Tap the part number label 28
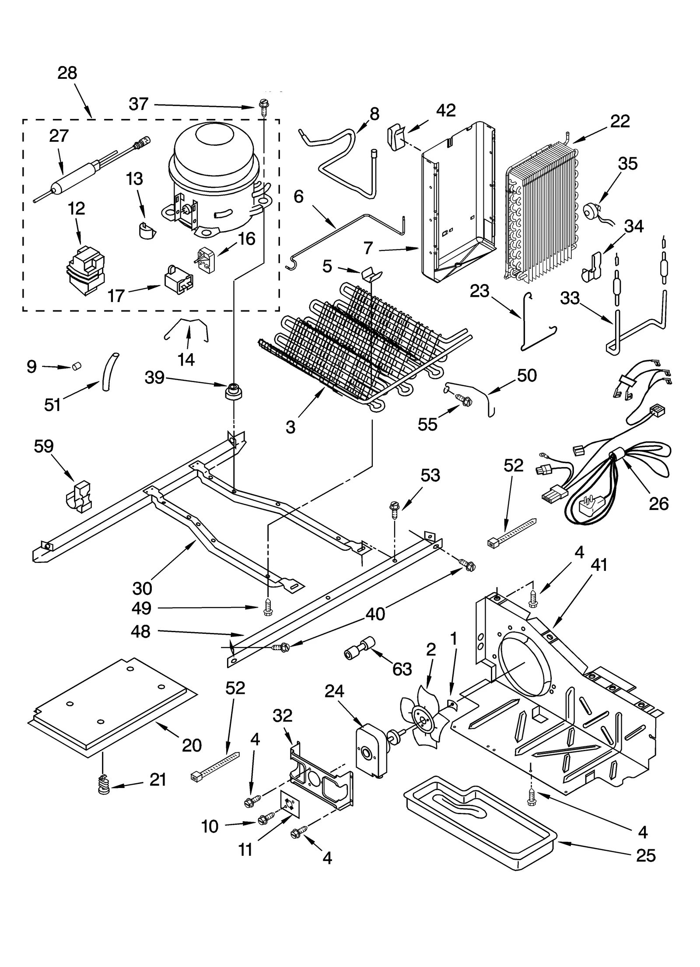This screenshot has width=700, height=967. (x=67, y=73)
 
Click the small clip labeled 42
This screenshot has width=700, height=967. (x=395, y=137)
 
